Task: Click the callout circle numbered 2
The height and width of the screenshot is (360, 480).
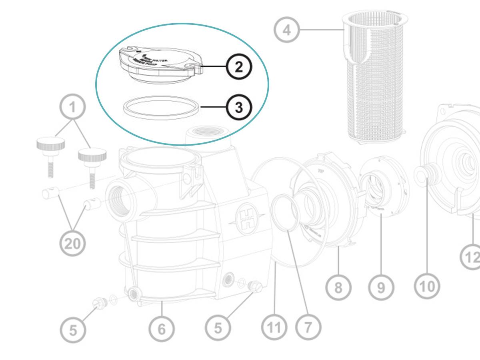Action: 239,67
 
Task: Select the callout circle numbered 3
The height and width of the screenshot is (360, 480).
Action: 239,107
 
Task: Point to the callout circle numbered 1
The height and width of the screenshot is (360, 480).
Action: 72,107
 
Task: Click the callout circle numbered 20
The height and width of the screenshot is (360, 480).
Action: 72,243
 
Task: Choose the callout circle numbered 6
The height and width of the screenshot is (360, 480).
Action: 162,329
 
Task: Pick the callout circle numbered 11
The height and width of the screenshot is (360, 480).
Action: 274,328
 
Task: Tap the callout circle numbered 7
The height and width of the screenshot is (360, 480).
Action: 308,328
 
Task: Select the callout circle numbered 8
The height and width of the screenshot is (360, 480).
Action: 338,287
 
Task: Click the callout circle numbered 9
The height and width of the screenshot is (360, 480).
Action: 381,287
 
